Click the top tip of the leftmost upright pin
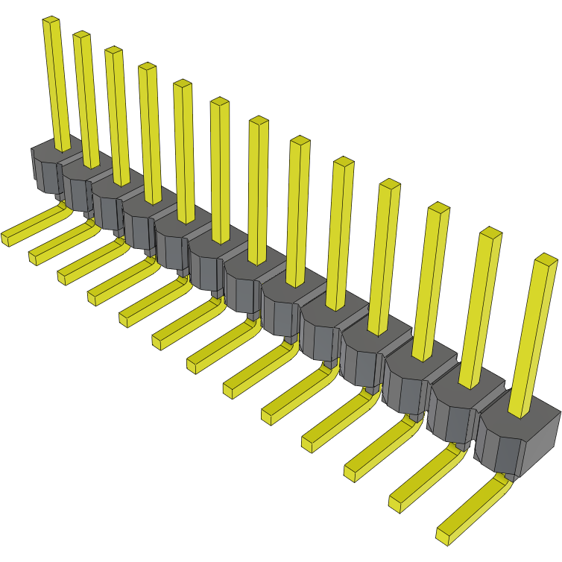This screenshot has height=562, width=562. click(x=51, y=21)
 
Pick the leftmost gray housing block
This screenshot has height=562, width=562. click(x=45, y=168)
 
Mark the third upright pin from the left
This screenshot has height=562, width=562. click(x=118, y=112)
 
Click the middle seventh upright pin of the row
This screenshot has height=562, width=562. click(x=258, y=186)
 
